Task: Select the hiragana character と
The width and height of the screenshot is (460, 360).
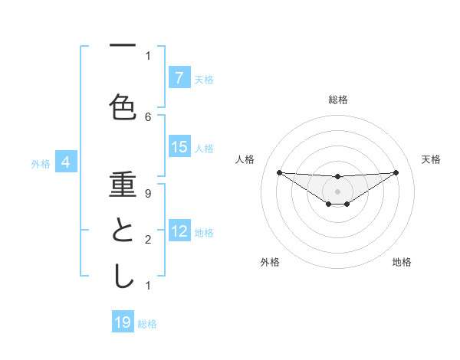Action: [x=123, y=230]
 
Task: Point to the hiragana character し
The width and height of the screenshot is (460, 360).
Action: [x=123, y=276]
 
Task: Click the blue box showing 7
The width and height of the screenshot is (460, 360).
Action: [x=179, y=78]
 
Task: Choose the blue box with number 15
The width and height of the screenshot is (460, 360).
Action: [x=179, y=148]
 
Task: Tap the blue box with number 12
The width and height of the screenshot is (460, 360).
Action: [x=179, y=232]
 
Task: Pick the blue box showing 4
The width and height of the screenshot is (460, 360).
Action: [x=66, y=162]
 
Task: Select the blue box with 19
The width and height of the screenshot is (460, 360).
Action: [x=123, y=322]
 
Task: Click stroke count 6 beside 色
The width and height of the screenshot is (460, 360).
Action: [x=148, y=116]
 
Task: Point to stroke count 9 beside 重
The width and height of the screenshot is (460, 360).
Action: [x=148, y=193]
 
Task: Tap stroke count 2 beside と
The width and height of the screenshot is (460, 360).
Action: [x=148, y=240]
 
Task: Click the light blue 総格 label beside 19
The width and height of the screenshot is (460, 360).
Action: [x=147, y=324]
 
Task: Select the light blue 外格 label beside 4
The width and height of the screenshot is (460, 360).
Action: [x=41, y=163]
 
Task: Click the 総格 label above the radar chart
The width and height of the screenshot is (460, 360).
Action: [x=337, y=100]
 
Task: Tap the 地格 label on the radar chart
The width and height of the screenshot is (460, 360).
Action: [x=402, y=263]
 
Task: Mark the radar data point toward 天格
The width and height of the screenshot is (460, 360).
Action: [x=396, y=172]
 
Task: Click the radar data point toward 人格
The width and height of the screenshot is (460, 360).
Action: [x=279, y=172]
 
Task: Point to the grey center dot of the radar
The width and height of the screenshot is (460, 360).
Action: [x=337, y=191]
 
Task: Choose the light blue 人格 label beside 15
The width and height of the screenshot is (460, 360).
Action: [x=204, y=149]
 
